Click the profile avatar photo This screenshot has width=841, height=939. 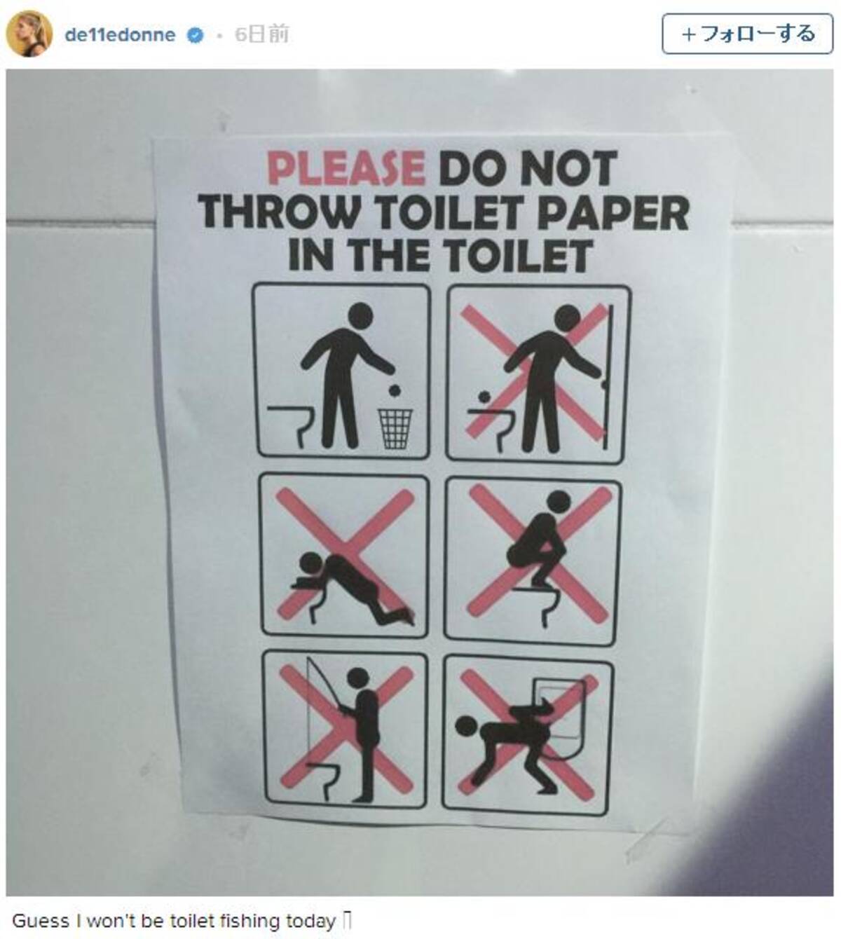[29, 34]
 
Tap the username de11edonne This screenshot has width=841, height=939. [120, 35]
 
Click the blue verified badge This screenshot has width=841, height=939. [196, 36]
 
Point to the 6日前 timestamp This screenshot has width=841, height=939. [262, 34]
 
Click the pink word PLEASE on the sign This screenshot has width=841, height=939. [346, 168]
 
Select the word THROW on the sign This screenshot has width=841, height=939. [280, 212]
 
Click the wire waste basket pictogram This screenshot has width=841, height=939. [395, 428]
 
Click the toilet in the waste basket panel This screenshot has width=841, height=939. [291, 423]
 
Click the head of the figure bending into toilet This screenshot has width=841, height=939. [310, 564]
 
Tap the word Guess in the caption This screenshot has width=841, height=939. [41, 920]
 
